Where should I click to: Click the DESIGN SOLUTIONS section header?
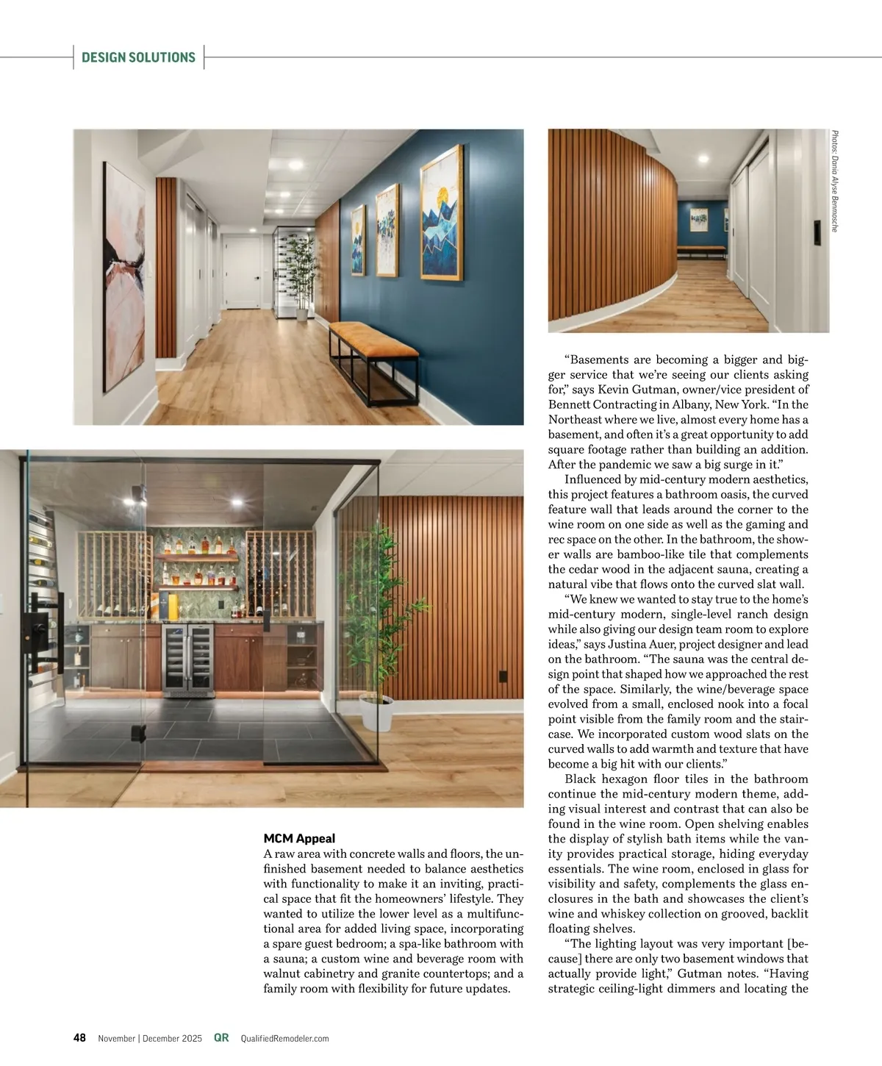[138, 57]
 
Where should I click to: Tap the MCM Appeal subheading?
[299, 838]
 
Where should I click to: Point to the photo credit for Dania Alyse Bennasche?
[834, 181]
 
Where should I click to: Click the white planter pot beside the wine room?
[377, 712]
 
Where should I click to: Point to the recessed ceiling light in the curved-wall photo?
[703, 158]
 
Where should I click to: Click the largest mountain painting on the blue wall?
[441, 212]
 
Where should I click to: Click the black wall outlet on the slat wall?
[503, 676]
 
